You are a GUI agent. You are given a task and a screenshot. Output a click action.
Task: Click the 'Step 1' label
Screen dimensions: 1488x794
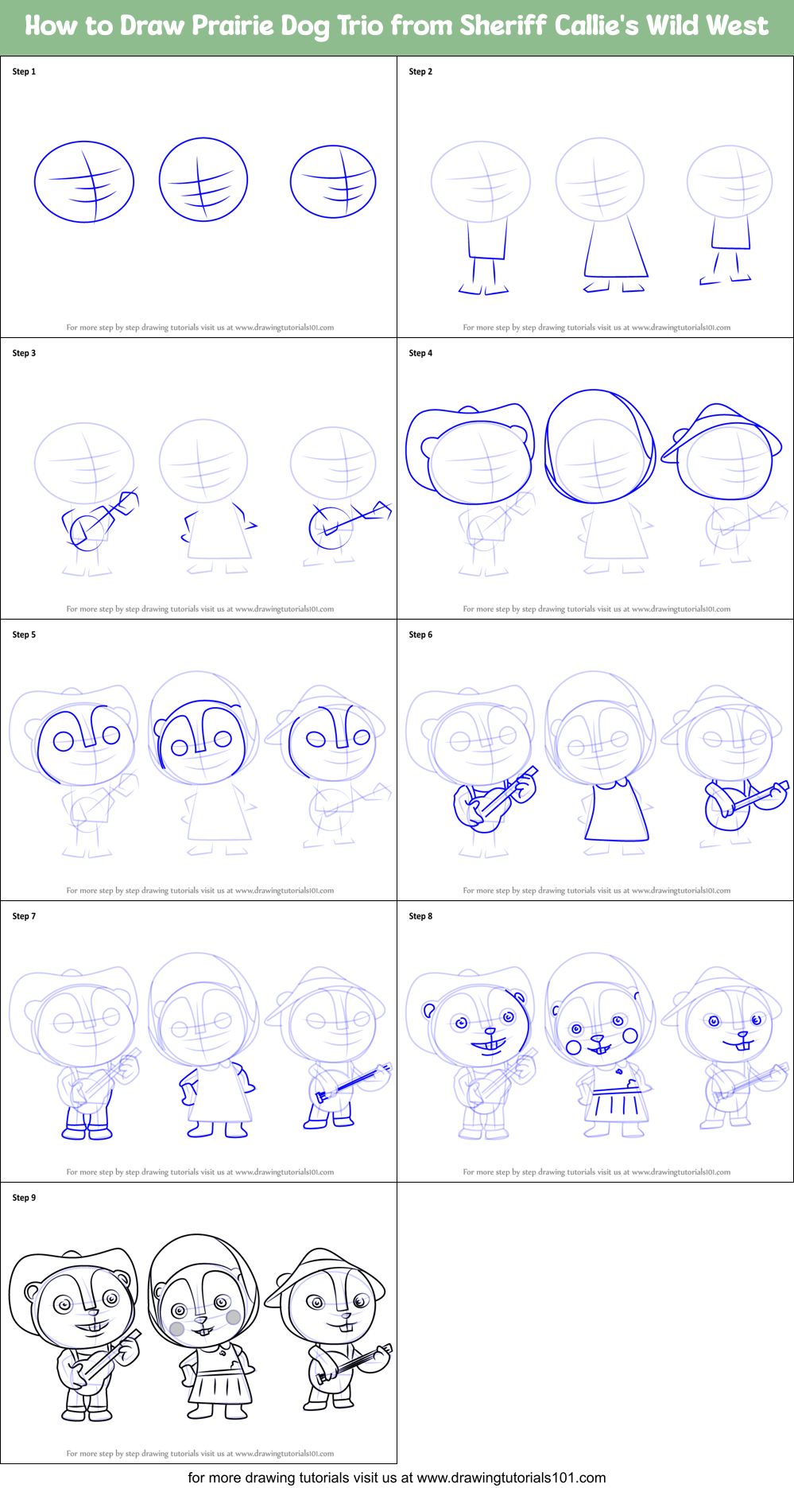click(24, 72)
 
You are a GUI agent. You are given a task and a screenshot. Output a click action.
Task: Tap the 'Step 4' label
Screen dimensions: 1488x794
click(420, 353)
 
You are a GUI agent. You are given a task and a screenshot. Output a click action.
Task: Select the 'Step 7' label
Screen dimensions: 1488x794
click(24, 916)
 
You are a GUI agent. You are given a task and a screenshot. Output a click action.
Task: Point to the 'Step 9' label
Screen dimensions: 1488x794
click(24, 1198)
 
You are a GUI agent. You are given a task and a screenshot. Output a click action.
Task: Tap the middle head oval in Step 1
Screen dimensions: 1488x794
click(203, 180)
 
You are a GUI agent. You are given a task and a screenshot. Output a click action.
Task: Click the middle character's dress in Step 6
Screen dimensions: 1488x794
click(616, 811)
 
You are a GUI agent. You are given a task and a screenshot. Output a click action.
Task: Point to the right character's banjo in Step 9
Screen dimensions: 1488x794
click(350, 1365)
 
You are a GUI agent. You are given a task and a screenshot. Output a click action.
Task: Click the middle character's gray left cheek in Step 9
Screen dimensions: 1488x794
click(177, 1328)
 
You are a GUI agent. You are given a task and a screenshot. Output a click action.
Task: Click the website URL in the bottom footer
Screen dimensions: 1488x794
click(510, 1478)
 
